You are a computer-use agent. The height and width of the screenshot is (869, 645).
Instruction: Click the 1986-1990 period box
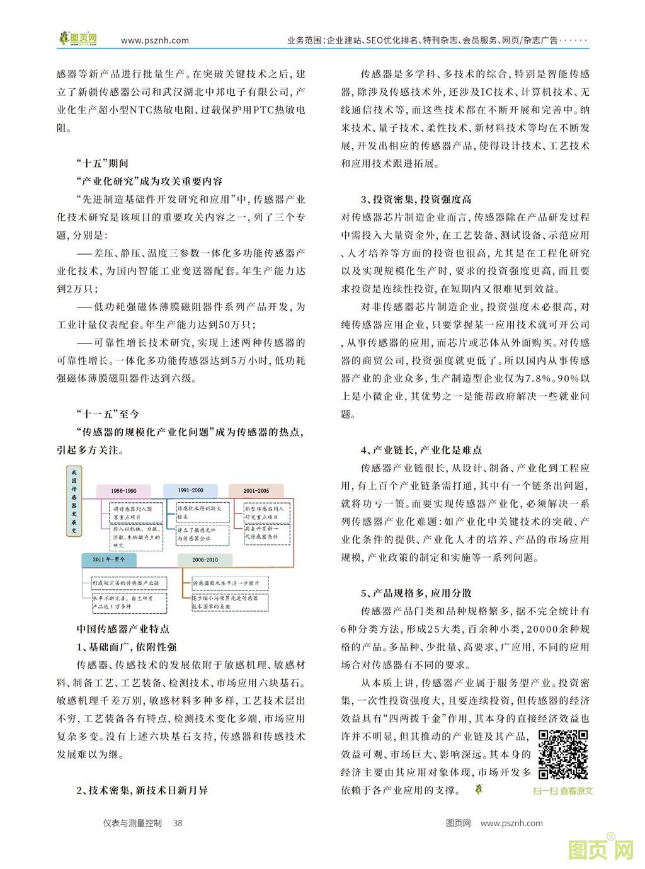(x=123, y=491)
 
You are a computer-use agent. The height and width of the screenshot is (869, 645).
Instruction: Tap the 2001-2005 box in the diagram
(x=256, y=490)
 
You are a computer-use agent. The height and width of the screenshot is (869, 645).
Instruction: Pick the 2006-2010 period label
(x=205, y=560)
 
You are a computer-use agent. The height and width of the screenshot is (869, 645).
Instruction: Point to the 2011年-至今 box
(x=109, y=560)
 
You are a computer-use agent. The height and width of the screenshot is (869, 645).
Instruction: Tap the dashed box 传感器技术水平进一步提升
(x=225, y=583)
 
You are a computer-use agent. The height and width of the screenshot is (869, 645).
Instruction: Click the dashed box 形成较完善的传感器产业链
(x=129, y=583)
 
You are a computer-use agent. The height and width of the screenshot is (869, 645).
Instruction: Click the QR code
(x=563, y=754)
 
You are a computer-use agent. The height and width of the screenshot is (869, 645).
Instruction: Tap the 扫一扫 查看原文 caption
(x=562, y=791)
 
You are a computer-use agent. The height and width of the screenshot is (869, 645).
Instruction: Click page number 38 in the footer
(x=178, y=823)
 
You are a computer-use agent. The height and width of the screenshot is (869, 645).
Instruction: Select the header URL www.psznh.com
(x=155, y=40)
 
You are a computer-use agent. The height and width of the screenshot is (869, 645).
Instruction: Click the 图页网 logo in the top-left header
(x=78, y=40)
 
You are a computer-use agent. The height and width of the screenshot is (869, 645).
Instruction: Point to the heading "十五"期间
(x=101, y=163)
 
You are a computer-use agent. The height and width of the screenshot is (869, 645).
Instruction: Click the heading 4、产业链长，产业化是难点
(x=421, y=450)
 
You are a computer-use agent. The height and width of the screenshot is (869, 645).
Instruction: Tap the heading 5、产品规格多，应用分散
(x=416, y=593)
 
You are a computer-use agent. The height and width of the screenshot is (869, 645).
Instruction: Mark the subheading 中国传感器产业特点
(x=123, y=629)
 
